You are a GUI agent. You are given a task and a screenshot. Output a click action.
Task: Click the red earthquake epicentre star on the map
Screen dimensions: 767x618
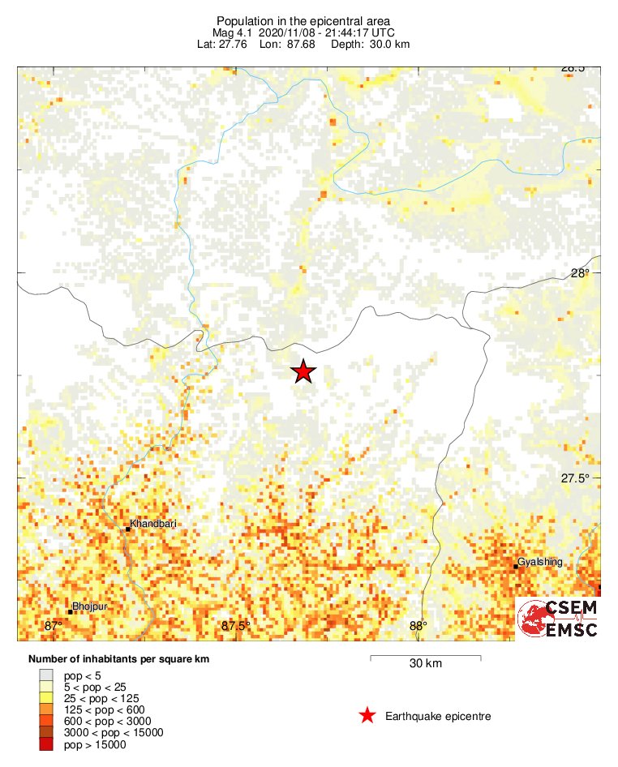[303, 371]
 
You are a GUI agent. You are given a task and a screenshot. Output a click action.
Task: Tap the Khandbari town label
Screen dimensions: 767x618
[152, 524]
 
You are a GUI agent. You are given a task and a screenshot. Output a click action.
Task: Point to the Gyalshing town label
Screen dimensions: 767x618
[539, 562]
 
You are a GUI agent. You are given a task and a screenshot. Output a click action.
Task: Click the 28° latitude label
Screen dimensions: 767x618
[580, 273]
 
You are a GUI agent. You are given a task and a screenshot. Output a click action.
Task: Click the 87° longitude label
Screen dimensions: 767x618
[54, 626]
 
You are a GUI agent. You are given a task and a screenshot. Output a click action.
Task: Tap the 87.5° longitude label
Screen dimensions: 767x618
[236, 626]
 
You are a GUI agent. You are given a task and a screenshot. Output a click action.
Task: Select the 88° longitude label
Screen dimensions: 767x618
[418, 626]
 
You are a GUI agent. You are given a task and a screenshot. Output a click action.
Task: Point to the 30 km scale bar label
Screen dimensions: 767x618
[425, 664]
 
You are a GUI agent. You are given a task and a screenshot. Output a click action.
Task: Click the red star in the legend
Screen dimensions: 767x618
[367, 715]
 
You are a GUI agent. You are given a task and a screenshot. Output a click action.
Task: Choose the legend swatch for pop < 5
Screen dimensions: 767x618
[46, 675]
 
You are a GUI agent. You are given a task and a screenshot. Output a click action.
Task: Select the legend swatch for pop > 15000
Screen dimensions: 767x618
[46, 744]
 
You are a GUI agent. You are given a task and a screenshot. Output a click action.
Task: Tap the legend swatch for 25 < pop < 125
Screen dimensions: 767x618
[46, 698]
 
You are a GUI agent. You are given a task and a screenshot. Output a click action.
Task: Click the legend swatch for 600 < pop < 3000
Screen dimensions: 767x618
[46, 721]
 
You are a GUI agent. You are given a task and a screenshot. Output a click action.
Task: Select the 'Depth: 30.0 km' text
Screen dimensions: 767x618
[370, 44]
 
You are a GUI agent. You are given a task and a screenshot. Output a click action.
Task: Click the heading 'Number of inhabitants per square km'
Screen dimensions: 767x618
[118, 659]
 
